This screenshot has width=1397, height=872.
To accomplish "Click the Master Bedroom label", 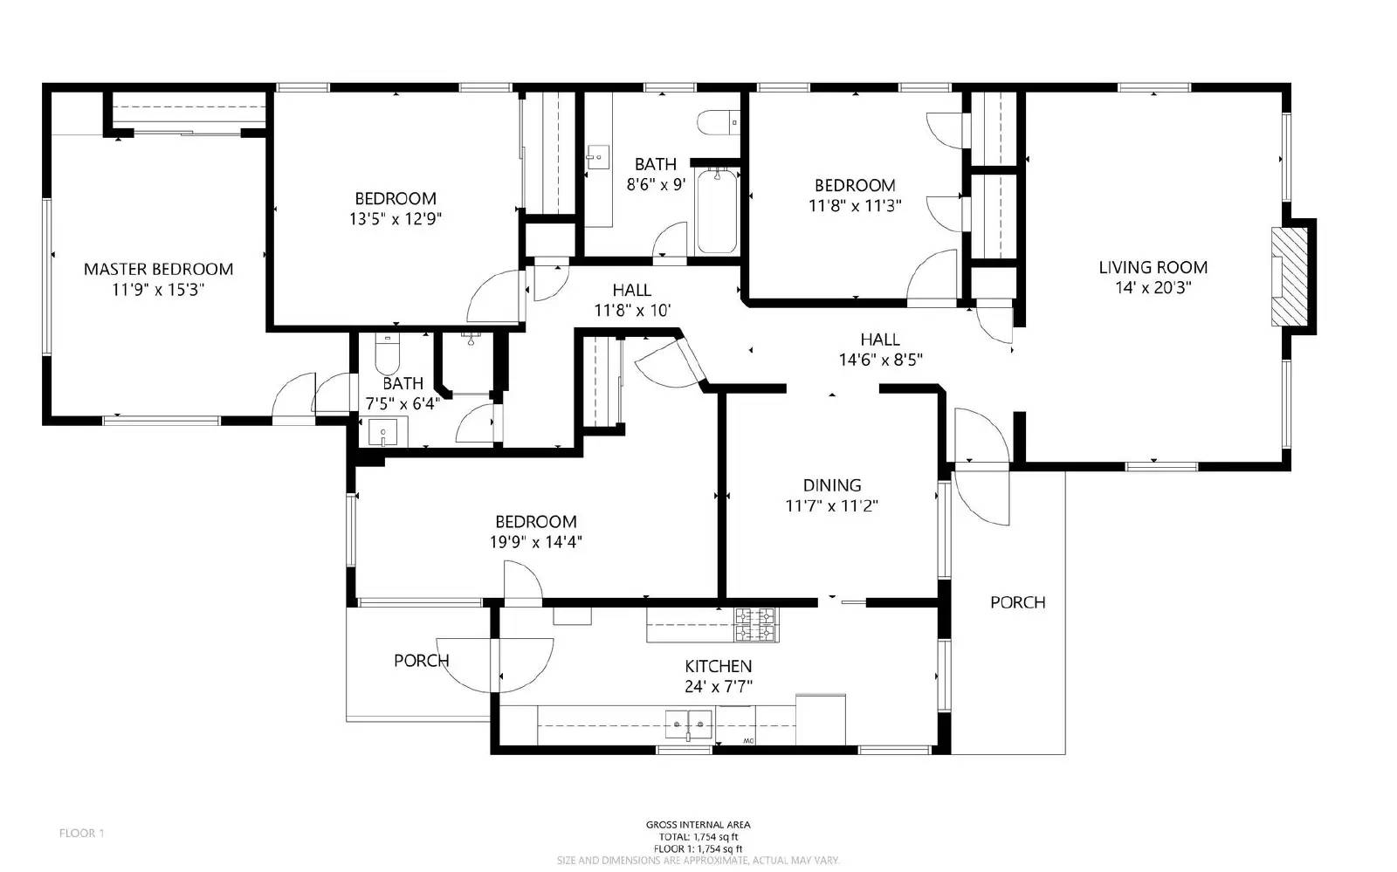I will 158,269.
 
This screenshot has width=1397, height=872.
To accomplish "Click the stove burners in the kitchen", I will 756,625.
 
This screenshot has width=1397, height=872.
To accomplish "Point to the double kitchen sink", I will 689,724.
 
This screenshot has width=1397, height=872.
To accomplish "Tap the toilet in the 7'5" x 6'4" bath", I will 386,355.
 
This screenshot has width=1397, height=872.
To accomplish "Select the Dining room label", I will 832,485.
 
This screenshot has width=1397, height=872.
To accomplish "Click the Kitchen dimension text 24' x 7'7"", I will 719,687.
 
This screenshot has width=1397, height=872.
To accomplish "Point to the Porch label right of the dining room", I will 1017,602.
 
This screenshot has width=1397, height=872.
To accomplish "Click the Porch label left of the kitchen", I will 421,661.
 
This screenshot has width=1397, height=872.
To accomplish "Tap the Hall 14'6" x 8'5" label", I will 880,340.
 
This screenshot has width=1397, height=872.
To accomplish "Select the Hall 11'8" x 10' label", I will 631,290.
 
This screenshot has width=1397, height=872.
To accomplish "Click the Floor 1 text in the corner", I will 81,833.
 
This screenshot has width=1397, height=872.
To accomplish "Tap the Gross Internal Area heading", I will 698,824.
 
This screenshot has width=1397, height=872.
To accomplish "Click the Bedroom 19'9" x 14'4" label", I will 535,522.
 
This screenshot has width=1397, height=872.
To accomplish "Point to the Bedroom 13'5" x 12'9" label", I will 395,198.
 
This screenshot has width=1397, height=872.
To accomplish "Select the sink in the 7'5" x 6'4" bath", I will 382,431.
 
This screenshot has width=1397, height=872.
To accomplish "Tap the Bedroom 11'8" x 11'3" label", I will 855,185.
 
